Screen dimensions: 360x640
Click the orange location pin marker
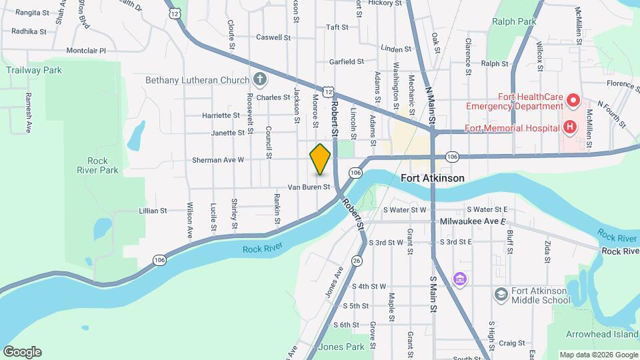(x=320, y=159)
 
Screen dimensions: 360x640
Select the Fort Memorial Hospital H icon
(x=569, y=127)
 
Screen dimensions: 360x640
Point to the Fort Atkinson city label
(x=433, y=179)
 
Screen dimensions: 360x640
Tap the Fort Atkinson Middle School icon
(x=501, y=294)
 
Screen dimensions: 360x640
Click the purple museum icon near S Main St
(x=459, y=278)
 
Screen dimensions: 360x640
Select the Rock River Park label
(x=102, y=165)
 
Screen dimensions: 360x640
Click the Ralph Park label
(x=514, y=21)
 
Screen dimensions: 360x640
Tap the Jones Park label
(x=341, y=347)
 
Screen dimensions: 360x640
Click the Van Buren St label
(x=309, y=187)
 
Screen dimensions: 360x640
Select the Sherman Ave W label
(x=218, y=160)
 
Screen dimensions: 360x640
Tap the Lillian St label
(x=153, y=211)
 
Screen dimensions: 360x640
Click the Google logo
(x=22, y=352)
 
